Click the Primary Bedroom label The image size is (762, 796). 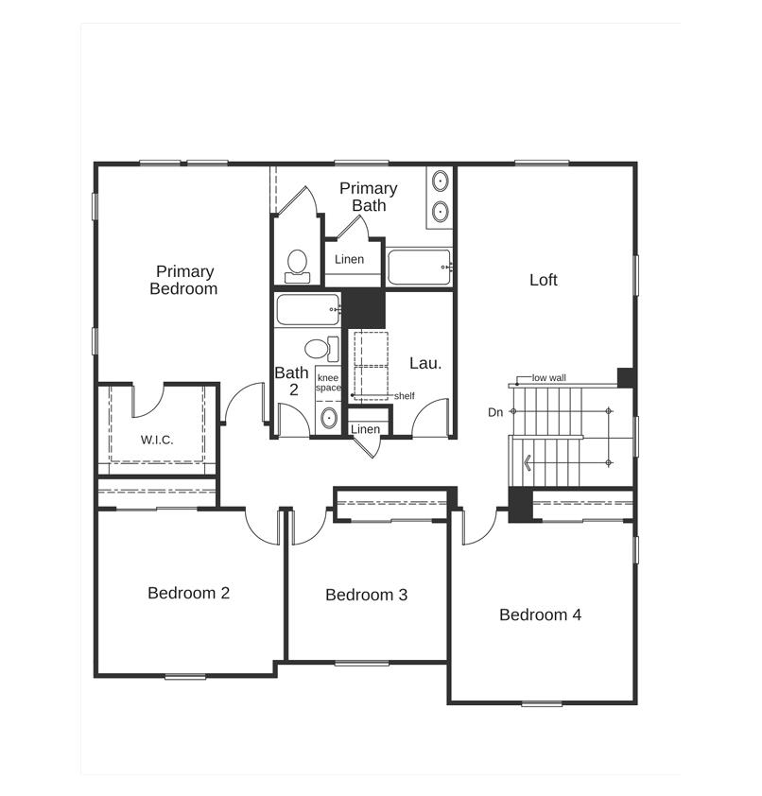point(183,280)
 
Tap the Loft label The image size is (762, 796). point(544,280)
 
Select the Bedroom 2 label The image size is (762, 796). point(188,593)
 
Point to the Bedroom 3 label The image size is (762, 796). point(366,595)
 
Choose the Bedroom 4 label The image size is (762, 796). point(540,614)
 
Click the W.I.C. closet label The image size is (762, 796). point(157,440)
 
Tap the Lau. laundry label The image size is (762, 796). point(425,363)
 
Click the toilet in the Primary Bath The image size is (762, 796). point(297,266)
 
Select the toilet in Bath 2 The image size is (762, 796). point(321,349)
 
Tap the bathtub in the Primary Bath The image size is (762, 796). point(420,267)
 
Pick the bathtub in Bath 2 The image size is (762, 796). point(308,309)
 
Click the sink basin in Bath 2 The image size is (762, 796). point(329,418)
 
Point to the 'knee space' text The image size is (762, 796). point(328,383)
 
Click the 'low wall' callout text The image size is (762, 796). point(548,378)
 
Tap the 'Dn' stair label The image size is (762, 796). point(495,412)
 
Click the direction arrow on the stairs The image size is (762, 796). point(528,462)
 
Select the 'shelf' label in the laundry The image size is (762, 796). point(404,396)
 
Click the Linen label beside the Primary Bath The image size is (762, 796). point(349,259)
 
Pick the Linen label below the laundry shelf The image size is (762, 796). point(365,429)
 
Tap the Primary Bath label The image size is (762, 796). point(369,197)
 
